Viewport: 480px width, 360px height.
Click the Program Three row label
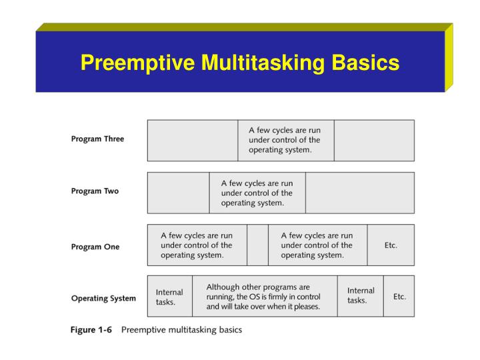pyautogui.click(x=97, y=139)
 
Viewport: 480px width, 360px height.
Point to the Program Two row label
pyautogui.click(x=95, y=191)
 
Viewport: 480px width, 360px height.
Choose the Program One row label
pyautogui.click(x=95, y=247)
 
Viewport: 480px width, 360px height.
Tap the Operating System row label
pyautogui.click(x=103, y=298)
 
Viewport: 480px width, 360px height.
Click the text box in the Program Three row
pyautogui.click(x=285, y=140)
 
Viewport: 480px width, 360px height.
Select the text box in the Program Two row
pyautogui.click(x=257, y=193)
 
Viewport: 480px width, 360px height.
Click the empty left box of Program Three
pyautogui.click(x=192, y=140)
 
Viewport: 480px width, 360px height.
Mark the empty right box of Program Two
pyautogui.click(x=359, y=193)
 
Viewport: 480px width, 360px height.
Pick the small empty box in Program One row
pyautogui.click(x=257, y=245)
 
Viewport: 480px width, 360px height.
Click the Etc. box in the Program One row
pyautogui.click(x=391, y=245)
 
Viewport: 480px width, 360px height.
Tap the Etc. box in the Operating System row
pyautogui.click(x=399, y=297)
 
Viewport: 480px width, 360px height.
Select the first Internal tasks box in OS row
pyautogui.click(x=169, y=297)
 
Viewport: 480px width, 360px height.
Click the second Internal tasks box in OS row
pyautogui.click(x=361, y=296)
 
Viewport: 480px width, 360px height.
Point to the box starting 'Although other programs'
pyautogui.click(x=264, y=297)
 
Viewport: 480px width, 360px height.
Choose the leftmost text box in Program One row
pyautogui.click(x=197, y=245)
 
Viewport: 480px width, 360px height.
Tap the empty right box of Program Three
pyautogui.click(x=373, y=140)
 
